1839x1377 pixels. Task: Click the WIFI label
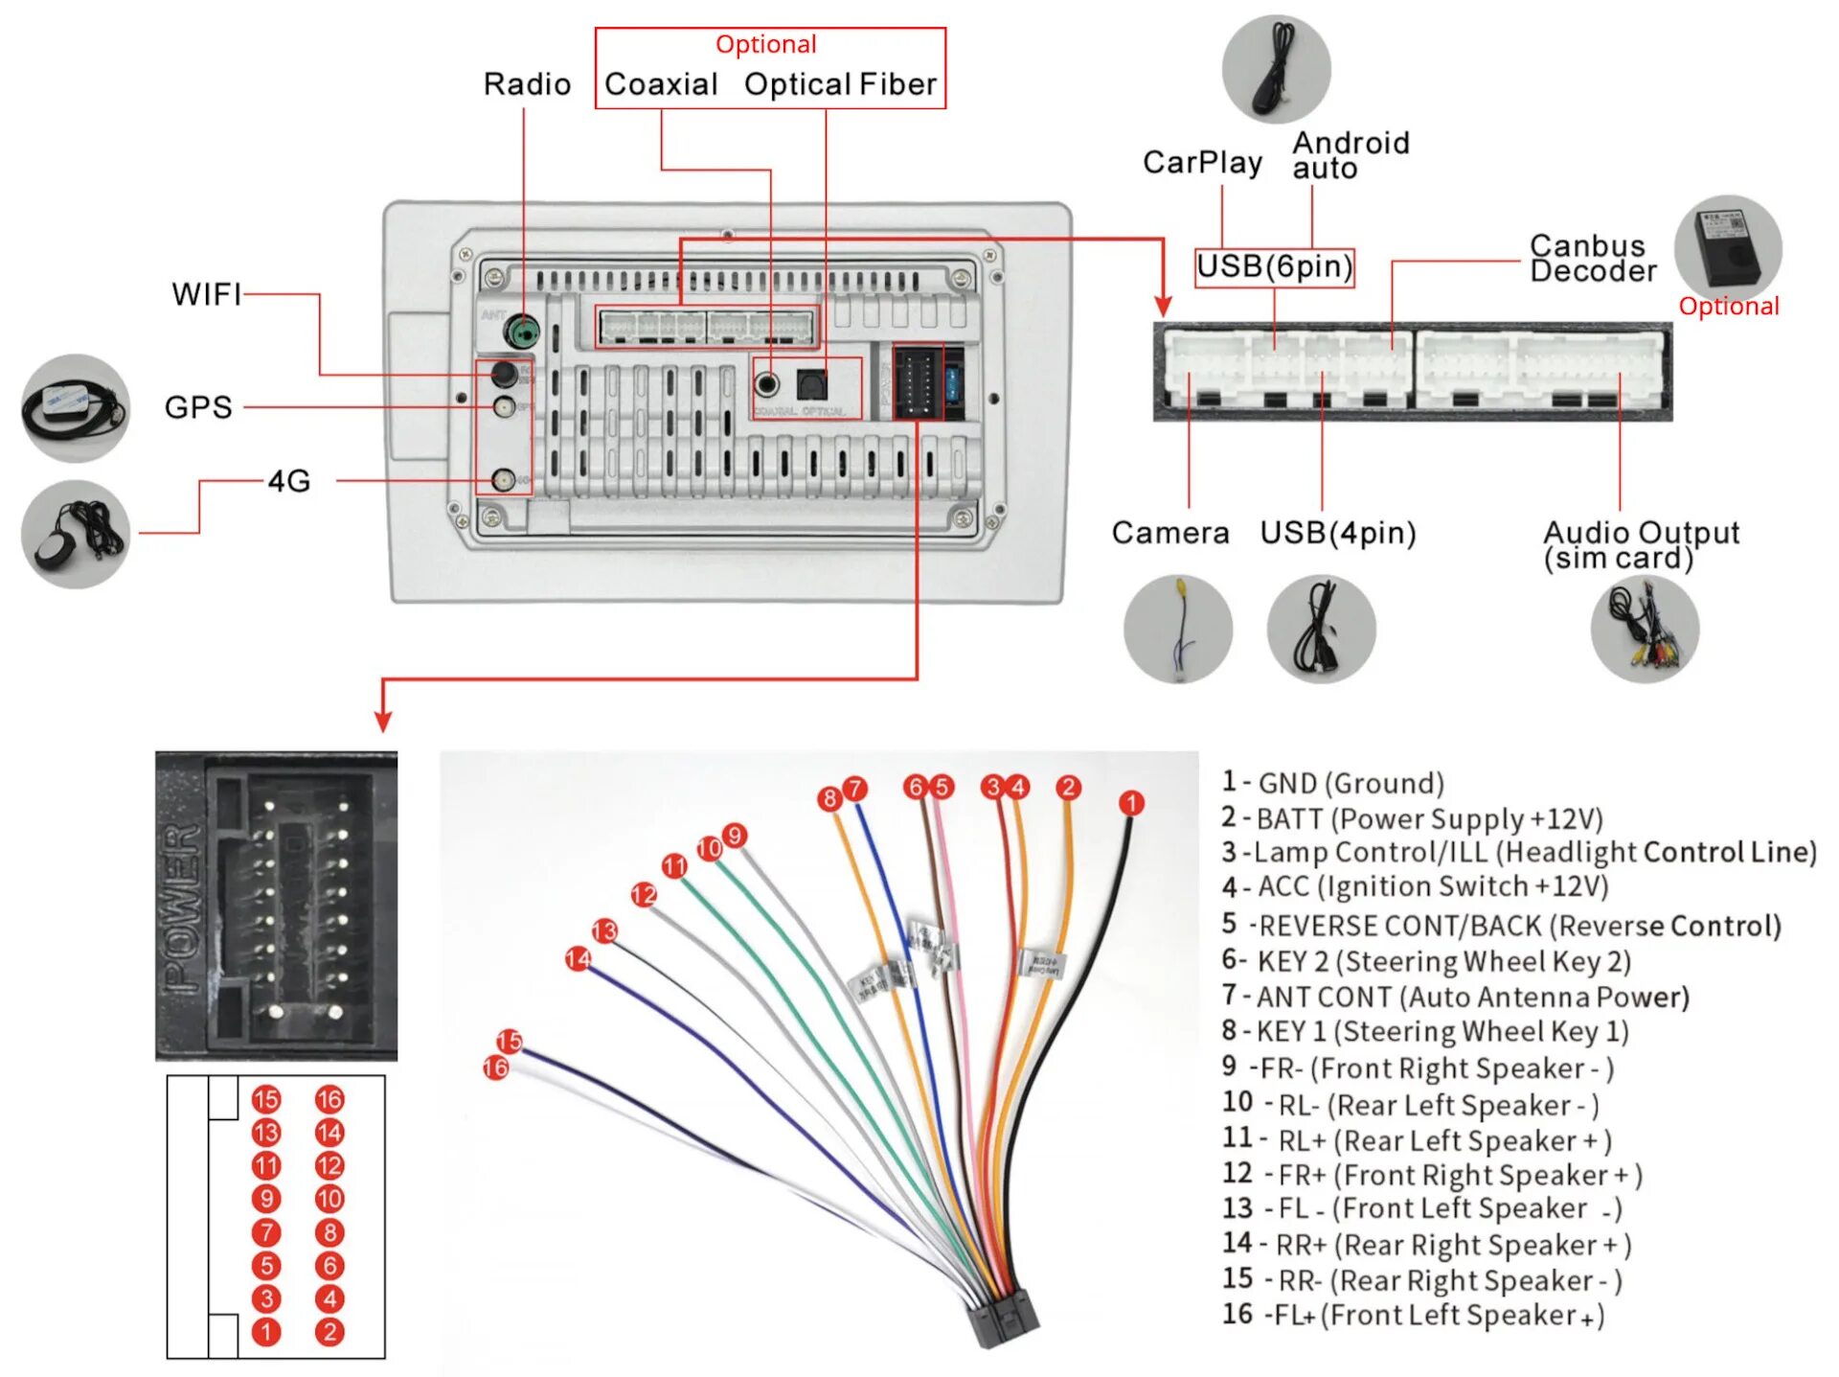pyautogui.click(x=206, y=294)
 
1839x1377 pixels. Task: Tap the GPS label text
pyautogui.click(x=198, y=407)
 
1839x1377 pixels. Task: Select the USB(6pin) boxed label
pyautogui.click(x=1274, y=266)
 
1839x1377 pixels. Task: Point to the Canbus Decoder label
pyautogui.click(x=1592, y=259)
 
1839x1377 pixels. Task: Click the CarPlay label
pyautogui.click(x=1202, y=163)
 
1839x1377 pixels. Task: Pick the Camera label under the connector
pyautogui.click(x=1169, y=533)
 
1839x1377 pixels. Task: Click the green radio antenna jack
pyautogui.click(x=523, y=333)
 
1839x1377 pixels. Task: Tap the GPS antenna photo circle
pyautogui.click(x=76, y=408)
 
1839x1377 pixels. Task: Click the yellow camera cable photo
pyautogui.click(x=1178, y=629)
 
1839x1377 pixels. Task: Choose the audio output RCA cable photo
pyautogui.click(x=1645, y=629)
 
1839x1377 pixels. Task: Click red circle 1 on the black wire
pyautogui.click(x=1131, y=803)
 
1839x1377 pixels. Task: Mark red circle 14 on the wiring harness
pyautogui.click(x=578, y=958)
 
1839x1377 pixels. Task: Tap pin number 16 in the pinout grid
pyautogui.click(x=329, y=1099)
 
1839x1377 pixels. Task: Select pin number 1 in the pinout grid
pyautogui.click(x=266, y=1332)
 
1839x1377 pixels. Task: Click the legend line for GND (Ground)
pyautogui.click(x=1332, y=783)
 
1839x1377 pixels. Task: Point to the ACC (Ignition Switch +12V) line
pyautogui.click(x=1415, y=886)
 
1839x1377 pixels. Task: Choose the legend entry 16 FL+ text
pyautogui.click(x=1413, y=1315)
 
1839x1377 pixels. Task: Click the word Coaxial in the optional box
pyautogui.click(x=661, y=84)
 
